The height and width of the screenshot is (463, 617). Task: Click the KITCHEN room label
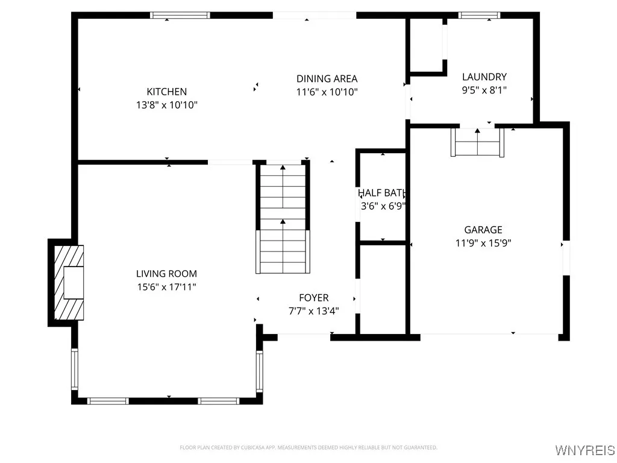(167, 92)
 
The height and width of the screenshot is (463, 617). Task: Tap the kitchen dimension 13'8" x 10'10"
(167, 105)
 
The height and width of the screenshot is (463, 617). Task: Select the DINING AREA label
(327, 78)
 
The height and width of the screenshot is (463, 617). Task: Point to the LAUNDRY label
(484, 77)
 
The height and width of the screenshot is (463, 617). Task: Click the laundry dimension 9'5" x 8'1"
(484, 90)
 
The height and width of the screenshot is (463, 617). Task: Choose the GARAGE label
(483, 230)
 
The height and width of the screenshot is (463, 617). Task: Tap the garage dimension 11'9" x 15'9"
(483, 243)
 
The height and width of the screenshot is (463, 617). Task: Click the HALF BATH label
(381, 193)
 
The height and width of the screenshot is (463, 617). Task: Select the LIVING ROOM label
(166, 274)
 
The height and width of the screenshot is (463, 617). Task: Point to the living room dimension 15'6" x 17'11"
(166, 287)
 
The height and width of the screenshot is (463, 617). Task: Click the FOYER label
(314, 298)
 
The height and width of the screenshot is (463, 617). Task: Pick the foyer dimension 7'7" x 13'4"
(314, 311)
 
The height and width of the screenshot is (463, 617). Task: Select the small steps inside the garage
(477, 143)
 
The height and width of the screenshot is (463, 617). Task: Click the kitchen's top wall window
(180, 15)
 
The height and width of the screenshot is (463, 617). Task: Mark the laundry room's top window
(479, 15)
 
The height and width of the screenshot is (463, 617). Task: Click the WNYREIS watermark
(584, 450)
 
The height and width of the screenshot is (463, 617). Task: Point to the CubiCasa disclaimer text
(308, 447)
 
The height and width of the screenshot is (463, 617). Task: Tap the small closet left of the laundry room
(427, 45)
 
